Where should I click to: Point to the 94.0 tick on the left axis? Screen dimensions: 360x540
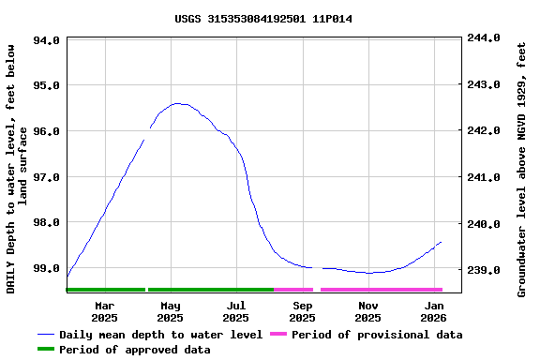click(47, 40)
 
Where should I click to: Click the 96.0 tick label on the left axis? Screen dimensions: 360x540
click(47, 130)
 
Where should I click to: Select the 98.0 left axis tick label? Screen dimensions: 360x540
click(47, 222)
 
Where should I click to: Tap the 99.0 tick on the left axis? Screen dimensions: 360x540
click(47, 268)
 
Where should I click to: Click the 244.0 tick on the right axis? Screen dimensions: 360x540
click(484, 37)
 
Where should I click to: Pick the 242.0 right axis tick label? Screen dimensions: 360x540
click(484, 130)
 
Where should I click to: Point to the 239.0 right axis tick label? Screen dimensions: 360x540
click(484, 270)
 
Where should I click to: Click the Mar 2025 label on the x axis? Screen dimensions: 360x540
click(105, 312)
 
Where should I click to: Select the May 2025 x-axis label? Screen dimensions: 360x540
click(171, 312)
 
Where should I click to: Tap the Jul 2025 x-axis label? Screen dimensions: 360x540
click(236, 312)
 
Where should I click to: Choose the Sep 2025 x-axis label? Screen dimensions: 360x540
click(303, 312)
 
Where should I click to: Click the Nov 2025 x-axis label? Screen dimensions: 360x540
click(368, 312)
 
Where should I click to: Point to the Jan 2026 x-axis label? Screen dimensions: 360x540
click(434, 312)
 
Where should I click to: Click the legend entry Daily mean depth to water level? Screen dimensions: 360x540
click(160, 335)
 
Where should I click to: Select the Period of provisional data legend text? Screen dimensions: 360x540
click(376, 335)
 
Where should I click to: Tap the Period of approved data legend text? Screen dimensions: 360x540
click(134, 350)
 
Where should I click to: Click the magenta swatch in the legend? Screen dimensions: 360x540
click(278, 335)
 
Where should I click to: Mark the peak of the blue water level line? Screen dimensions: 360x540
click(177, 103)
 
